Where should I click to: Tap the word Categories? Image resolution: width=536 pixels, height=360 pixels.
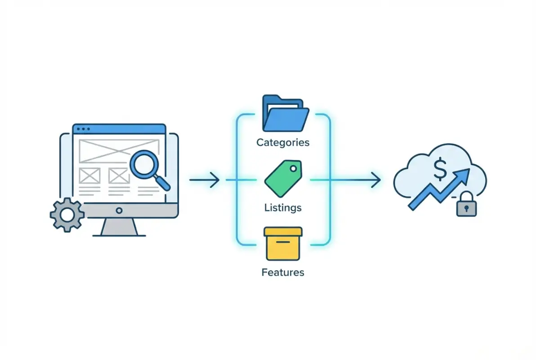(283, 143)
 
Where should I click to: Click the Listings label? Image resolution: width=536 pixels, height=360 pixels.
(283, 208)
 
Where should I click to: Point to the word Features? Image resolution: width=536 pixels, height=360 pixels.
(283, 272)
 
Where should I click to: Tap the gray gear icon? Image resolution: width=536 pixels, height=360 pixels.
(67, 215)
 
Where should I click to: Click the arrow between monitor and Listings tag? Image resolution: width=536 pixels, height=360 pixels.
(204, 180)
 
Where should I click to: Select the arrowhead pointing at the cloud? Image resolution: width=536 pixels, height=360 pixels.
(376, 180)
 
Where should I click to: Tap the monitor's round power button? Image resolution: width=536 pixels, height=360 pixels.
(119, 210)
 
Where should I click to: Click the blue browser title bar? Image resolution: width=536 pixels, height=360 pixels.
(119, 129)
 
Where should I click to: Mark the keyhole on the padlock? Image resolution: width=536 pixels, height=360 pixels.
(466, 208)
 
